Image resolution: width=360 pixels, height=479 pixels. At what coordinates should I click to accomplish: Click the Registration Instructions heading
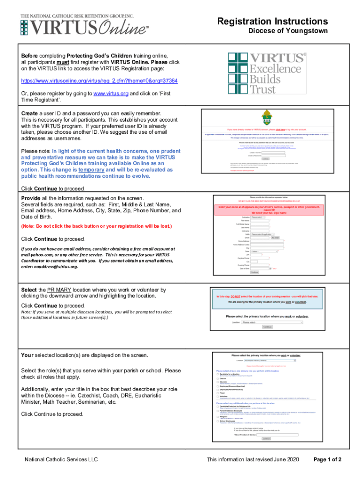[x=272, y=22]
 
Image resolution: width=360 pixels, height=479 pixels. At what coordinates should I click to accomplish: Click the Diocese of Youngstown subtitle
[x=287, y=31]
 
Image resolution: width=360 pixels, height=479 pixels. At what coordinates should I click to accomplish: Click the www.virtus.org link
[x=111, y=94]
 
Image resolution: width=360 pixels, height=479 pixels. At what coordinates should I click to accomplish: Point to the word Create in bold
[x=30, y=114]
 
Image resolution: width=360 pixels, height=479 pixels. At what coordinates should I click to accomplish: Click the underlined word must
[x=64, y=62]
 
